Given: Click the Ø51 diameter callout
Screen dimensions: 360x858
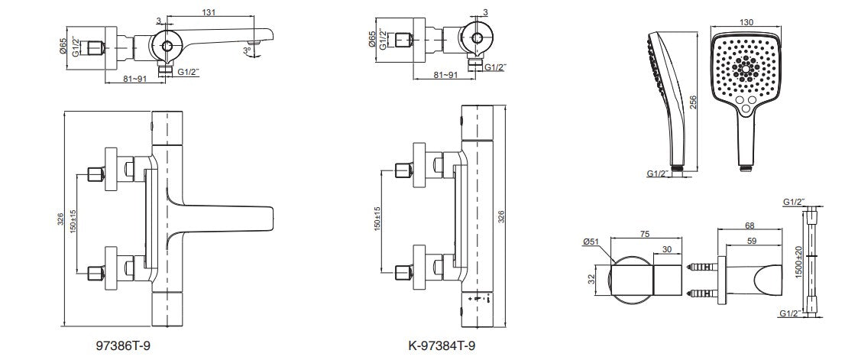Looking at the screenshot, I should coord(589,242).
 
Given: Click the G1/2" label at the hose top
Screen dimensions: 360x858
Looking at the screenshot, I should coord(795,201).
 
